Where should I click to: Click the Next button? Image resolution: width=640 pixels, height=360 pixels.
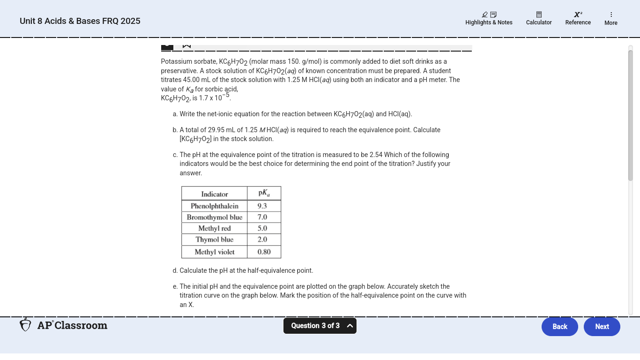(602, 327)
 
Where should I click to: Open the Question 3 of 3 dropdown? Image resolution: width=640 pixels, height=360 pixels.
(320, 326)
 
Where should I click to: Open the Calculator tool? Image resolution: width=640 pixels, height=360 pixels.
(539, 19)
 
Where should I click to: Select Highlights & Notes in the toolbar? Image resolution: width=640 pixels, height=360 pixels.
(489, 19)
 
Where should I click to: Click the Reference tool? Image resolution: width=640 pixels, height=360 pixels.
(578, 19)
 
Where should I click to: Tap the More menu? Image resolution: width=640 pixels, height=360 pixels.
(611, 19)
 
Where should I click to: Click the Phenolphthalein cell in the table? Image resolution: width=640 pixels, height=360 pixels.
(215, 206)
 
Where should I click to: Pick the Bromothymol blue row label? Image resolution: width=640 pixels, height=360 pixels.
(215, 217)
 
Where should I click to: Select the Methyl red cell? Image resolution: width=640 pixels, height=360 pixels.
(215, 228)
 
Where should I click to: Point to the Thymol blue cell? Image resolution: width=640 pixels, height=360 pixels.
(215, 240)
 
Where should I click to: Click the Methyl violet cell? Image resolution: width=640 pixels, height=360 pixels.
(215, 252)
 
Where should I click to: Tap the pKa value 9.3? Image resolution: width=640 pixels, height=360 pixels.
(262, 206)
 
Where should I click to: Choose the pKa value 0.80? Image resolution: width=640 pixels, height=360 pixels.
(264, 252)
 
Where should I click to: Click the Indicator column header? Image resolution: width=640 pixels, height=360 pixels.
(215, 194)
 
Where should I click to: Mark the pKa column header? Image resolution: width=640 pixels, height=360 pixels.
(264, 194)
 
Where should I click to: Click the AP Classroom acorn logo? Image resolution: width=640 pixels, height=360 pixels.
(25, 325)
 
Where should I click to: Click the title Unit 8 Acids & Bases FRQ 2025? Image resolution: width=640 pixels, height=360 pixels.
(80, 21)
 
